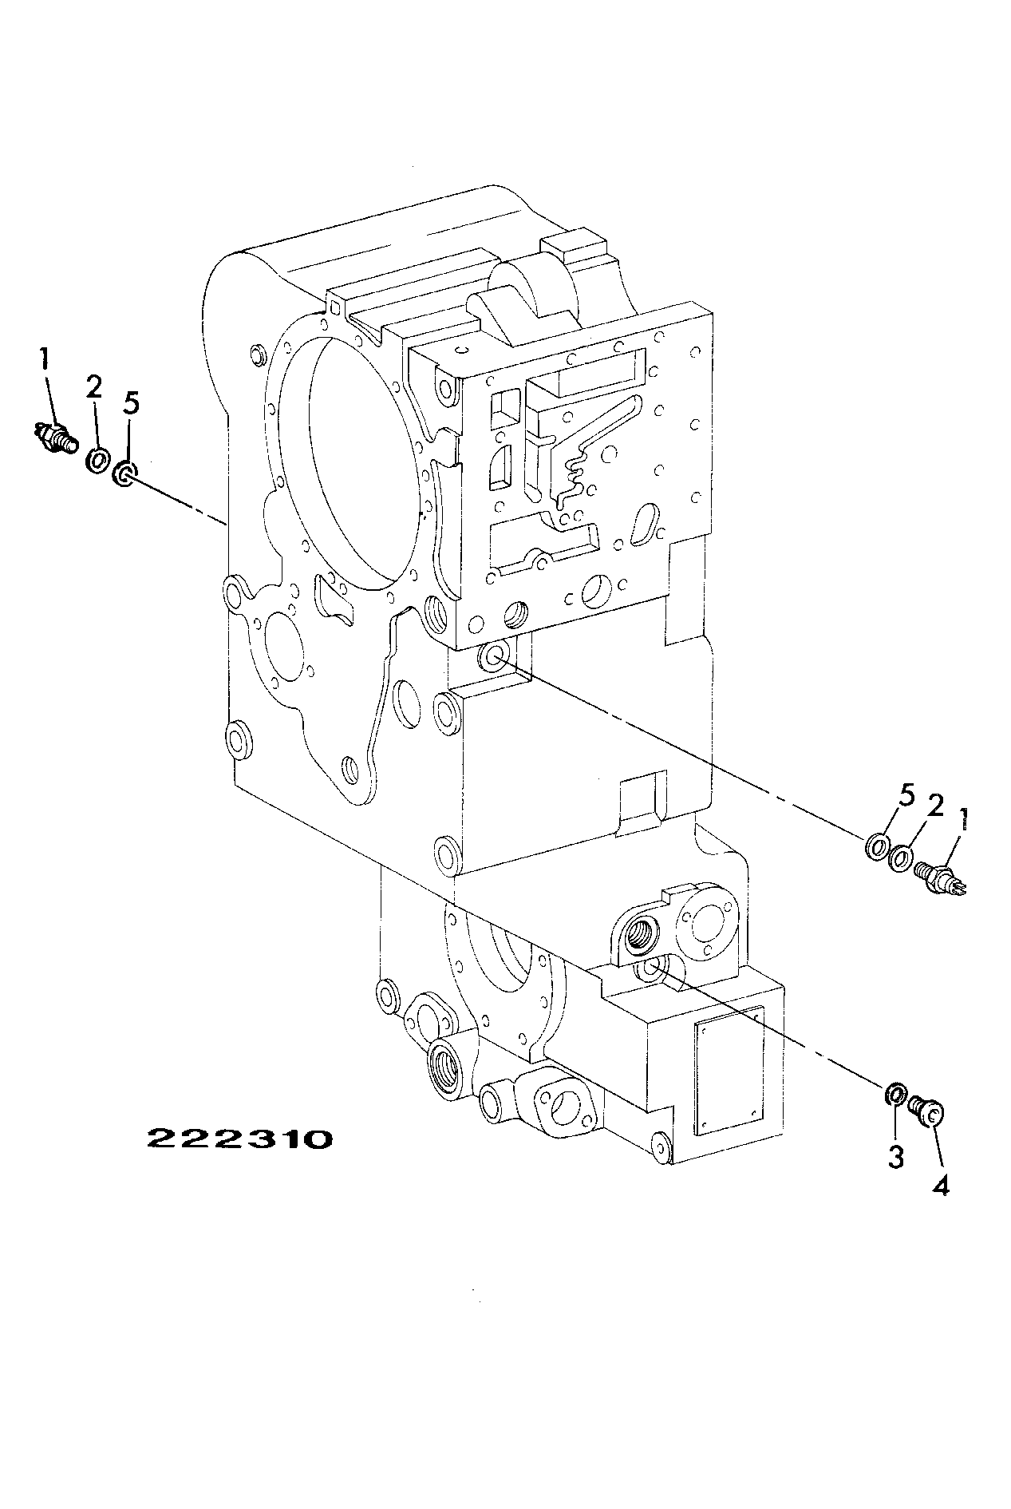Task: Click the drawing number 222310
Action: tap(239, 1138)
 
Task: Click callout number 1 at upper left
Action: tap(44, 359)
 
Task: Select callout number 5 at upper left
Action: tap(130, 403)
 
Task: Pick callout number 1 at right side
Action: tap(966, 818)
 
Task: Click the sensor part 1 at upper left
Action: tap(56, 438)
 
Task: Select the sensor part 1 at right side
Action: tap(943, 878)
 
